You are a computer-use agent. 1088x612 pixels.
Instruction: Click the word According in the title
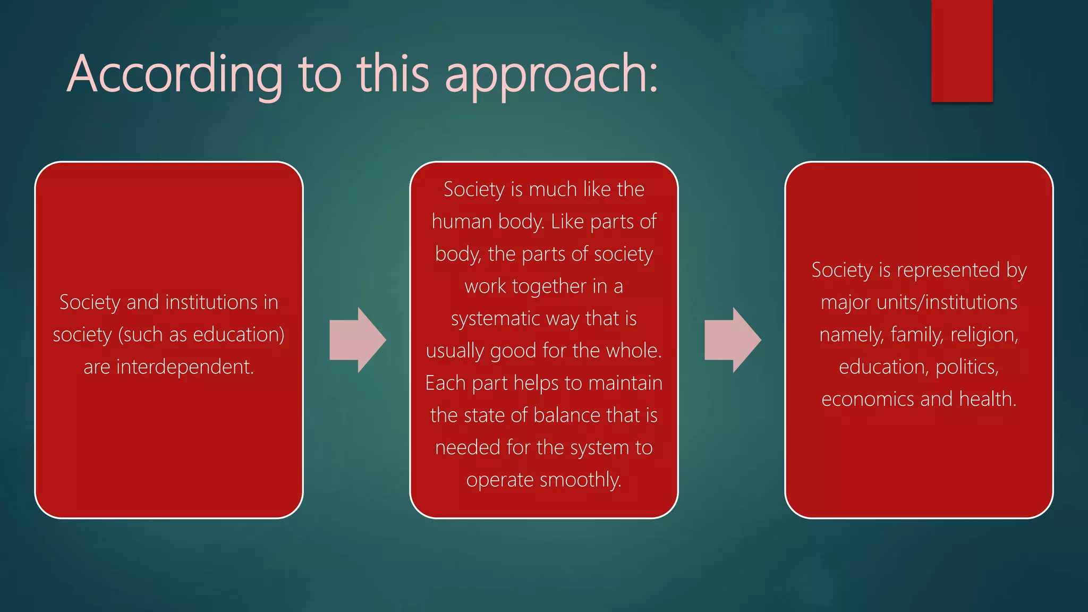click(x=175, y=74)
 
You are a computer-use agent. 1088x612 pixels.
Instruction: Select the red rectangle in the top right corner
click(x=962, y=50)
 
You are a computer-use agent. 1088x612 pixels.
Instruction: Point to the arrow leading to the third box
click(x=732, y=340)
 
